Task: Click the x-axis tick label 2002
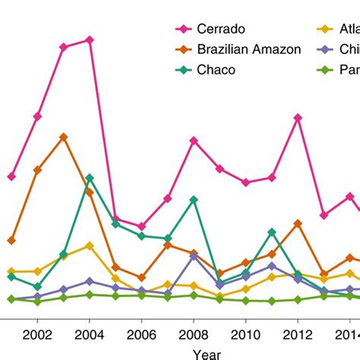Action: coord(37,334)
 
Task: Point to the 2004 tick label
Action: coord(90,334)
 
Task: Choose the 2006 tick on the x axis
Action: coord(141,334)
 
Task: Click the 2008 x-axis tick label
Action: coord(194,334)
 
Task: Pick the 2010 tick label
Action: coord(245,334)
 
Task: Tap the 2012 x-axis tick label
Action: coord(298,334)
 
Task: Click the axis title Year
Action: coord(207,353)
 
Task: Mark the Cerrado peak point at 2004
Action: coord(90,39)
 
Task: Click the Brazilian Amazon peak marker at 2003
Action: coord(63,137)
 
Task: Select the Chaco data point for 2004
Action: coord(90,178)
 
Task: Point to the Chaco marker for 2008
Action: coord(194,199)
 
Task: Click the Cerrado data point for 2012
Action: coord(298,118)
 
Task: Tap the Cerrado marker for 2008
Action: coord(194,140)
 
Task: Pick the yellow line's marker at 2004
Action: coord(90,245)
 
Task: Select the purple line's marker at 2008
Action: coord(194,257)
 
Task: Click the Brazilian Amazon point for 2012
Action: coord(298,223)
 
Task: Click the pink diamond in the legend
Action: coord(182,30)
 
